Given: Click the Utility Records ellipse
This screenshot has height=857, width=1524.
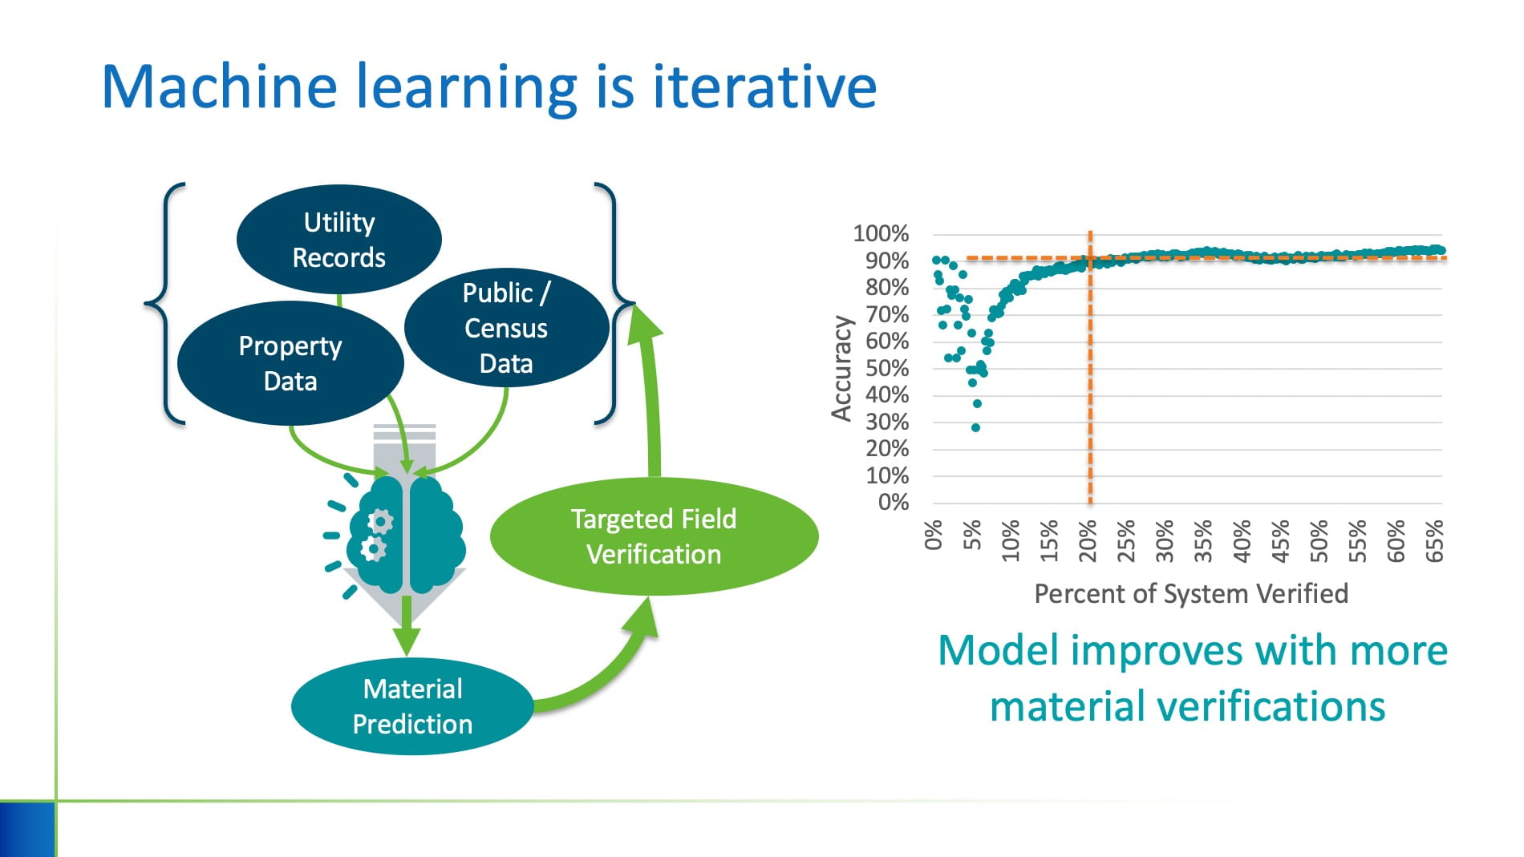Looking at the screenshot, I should click(x=338, y=239).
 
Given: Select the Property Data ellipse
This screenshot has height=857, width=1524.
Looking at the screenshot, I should click(x=290, y=363).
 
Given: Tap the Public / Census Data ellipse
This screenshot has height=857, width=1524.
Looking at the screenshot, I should click(x=506, y=328).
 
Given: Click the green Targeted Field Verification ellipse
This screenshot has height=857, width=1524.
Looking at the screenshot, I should click(x=654, y=536).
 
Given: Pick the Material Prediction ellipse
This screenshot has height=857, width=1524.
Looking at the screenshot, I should click(x=412, y=706).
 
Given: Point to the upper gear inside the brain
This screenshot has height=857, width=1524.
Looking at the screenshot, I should click(x=380, y=521).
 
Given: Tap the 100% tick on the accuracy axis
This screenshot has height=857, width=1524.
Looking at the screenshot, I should click(x=881, y=233).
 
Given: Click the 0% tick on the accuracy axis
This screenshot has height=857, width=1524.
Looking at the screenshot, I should click(x=893, y=502).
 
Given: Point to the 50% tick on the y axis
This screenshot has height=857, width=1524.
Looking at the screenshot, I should click(x=886, y=368).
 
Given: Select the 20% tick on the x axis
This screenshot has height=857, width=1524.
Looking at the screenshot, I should click(x=1088, y=535).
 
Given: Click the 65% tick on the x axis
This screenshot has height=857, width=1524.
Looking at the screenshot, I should click(x=1434, y=539).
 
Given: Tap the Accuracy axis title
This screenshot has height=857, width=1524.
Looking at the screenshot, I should click(x=841, y=368).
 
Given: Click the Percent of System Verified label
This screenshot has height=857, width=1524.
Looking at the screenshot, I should click(x=1190, y=593).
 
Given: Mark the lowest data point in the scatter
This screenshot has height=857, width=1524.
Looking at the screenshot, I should click(x=975, y=427).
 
